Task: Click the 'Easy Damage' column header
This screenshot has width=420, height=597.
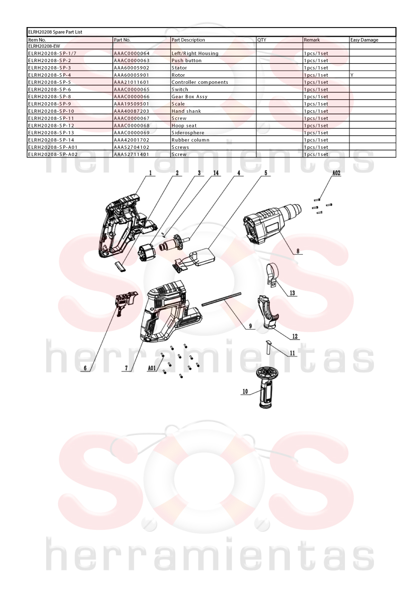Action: point(364,40)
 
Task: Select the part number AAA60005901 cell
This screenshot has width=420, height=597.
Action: point(132,75)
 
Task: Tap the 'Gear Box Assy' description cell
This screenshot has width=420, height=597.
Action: point(189,97)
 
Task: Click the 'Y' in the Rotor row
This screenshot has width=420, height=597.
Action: point(352,75)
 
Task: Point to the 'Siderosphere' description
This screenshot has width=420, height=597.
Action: point(188,132)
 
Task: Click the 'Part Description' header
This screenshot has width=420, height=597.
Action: point(188,40)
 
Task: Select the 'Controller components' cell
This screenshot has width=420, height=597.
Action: point(200,82)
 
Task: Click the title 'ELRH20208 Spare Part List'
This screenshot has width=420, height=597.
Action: point(55,32)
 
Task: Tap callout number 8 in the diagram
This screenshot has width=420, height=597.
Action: point(298,251)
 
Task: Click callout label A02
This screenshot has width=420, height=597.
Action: point(336,173)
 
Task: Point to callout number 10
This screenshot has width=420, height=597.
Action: point(245,391)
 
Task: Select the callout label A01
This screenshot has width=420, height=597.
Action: point(152,368)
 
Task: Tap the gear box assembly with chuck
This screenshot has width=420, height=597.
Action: point(273,223)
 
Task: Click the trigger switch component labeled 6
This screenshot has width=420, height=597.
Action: point(124,302)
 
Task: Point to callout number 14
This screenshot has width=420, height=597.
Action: point(216,173)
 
